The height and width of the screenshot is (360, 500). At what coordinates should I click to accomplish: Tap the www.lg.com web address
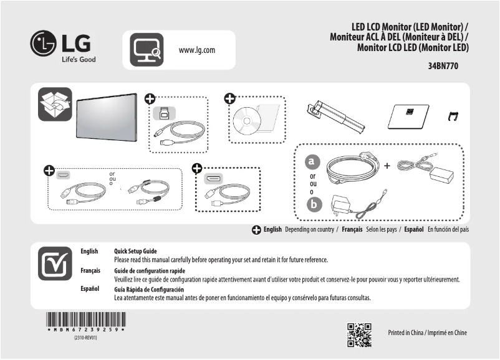point(197,50)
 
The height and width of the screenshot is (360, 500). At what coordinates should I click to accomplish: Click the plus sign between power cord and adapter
point(387,166)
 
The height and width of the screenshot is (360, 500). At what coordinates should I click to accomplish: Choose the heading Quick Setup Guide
point(135,251)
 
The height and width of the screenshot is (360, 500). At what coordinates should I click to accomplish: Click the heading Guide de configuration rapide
point(149,271)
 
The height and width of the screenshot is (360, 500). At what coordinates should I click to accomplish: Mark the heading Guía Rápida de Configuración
point(149,290)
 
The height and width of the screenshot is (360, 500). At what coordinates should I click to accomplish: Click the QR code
point(359,334)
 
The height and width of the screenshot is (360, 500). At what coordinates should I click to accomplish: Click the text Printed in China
point(408,333)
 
